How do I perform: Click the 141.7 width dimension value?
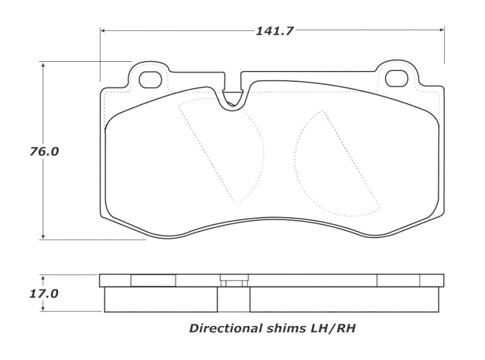coord(274,32)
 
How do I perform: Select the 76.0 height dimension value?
coord(44,152)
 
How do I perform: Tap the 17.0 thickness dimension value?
coord(44,294)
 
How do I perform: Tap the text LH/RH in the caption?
coord(336,329)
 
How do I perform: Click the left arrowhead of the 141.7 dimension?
coord(104,29)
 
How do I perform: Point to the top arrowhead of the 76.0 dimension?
coord(43,65)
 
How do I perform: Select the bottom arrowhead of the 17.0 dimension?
coord(43,309)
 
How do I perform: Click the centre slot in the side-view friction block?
coord(233,299)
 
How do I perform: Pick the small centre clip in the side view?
coord(233,281)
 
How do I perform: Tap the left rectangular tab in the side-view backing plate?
coord(153,280)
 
